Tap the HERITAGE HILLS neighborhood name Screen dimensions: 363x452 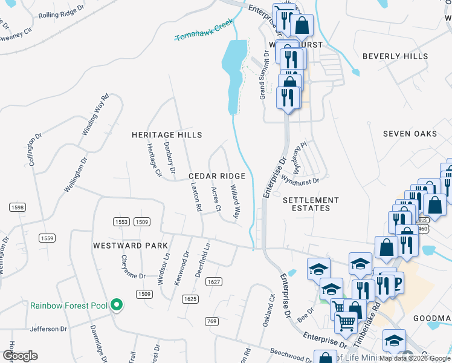click(x=167, y=134)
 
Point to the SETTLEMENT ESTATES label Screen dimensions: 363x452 click(x=311, y=204)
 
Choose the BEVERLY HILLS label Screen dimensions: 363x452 click(x=395, y=56)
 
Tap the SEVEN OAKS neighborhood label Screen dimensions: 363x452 click(x=410, y=134)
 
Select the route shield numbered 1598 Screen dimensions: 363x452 click(x=18, y=208)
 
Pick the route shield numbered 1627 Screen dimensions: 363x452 click(x=213, y=282)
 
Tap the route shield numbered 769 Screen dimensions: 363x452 click(x=211, y=321)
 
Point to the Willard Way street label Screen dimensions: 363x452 click(x=234, y=203)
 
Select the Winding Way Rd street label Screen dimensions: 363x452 click(x=94, y=114)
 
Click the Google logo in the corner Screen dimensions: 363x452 click(x=21, y=356)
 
